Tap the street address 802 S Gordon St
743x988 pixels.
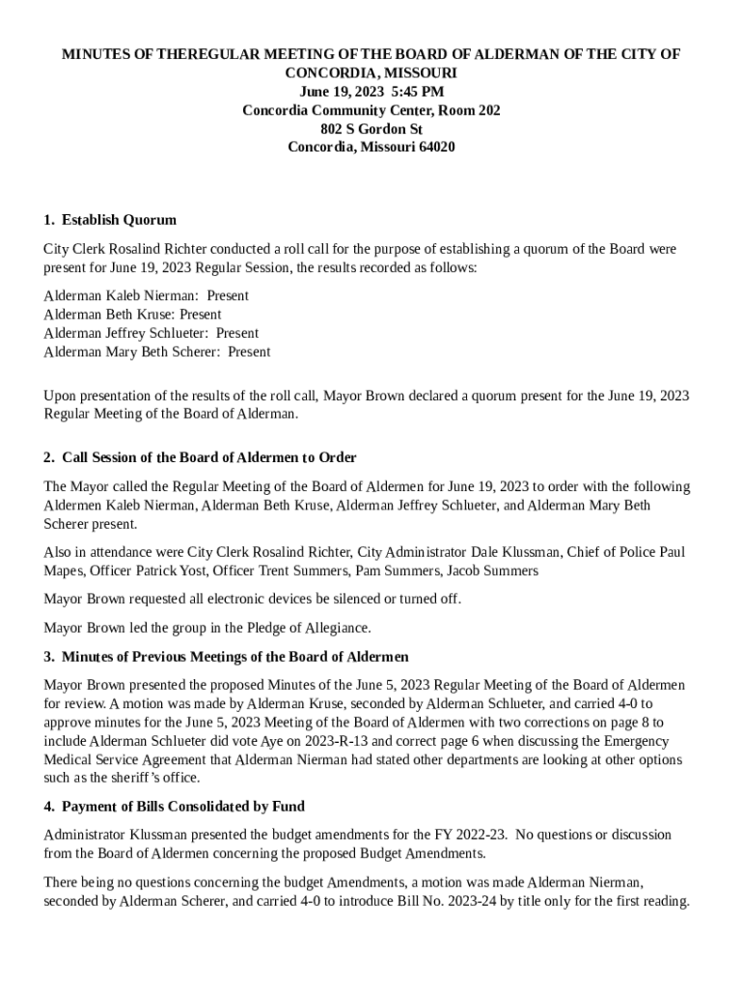371,128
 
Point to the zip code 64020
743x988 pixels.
434,147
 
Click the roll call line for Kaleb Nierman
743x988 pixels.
146,295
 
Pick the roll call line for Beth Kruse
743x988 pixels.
132,314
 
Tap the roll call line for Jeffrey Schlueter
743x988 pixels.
151,333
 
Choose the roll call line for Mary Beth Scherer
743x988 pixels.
156,351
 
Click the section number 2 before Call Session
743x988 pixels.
48,457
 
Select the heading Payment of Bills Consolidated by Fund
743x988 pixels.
183,806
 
